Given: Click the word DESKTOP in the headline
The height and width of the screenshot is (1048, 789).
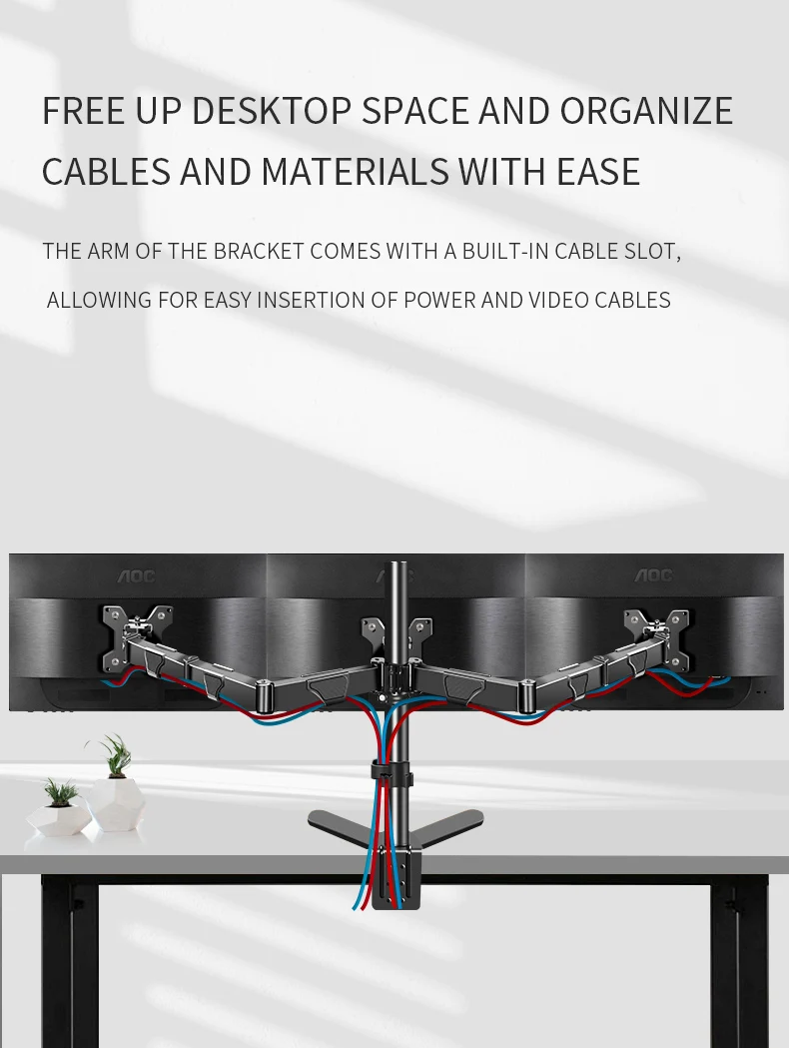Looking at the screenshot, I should (271, 111).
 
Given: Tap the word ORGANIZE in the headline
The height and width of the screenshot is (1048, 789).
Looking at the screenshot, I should (646, 111).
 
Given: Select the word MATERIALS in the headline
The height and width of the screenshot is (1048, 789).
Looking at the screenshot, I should (355, 172).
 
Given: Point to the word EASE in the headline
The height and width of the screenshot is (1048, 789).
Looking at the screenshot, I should (598, 172).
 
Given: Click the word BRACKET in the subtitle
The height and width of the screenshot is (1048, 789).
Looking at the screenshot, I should (259, 251).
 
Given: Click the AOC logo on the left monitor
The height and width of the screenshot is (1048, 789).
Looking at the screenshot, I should (137, 575).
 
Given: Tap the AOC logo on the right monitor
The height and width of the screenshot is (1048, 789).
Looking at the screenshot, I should (654, 575).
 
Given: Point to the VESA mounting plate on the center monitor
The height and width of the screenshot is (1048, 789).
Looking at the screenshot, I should (395, 639).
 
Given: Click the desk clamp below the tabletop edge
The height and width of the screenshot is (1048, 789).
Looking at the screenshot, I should (396, 879).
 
